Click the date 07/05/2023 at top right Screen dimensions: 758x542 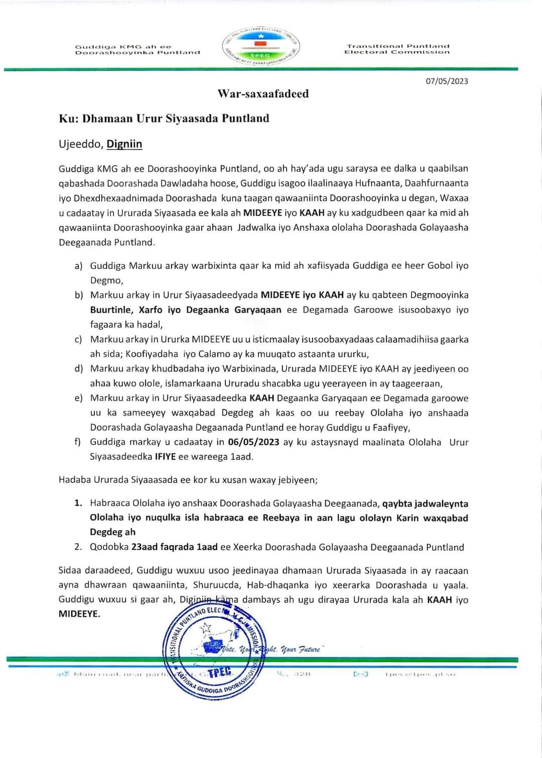point(447,81)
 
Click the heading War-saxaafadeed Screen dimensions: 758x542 point(263,94)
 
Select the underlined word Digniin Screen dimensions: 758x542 point(124,144)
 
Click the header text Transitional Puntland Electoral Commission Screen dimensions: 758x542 point(396,49)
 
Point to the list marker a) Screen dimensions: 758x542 point(78,266)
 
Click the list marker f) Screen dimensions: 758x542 point(78,442)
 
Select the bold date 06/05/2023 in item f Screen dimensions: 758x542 point(253,442)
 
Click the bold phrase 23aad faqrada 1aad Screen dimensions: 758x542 point(174,547)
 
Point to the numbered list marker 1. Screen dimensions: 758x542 point(78,503)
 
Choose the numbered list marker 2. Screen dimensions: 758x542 point(78,547)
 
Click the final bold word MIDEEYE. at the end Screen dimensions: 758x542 point(79,613)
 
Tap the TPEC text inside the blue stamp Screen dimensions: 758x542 point(219,673)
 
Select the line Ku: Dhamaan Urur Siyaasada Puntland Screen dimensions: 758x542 point(164,118)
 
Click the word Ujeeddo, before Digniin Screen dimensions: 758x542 point(81,145)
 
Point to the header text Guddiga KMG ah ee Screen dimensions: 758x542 point(123,47)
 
